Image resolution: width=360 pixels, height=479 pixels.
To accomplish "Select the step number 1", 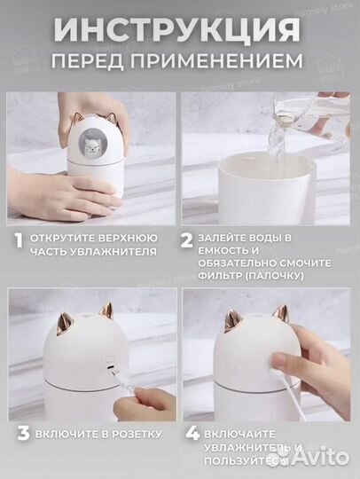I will [17, 239].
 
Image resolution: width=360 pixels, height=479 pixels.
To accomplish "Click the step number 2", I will [187, 239].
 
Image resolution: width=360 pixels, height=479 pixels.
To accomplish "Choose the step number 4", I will [190, 433].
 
